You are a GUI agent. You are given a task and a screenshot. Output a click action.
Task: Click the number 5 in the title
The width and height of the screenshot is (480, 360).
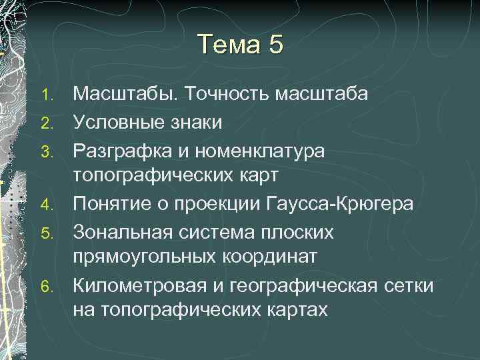[277, 45]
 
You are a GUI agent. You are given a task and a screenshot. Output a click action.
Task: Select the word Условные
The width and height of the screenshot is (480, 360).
[119, 122]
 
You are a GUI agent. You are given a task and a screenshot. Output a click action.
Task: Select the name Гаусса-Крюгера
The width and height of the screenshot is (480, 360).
[345, 203]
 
